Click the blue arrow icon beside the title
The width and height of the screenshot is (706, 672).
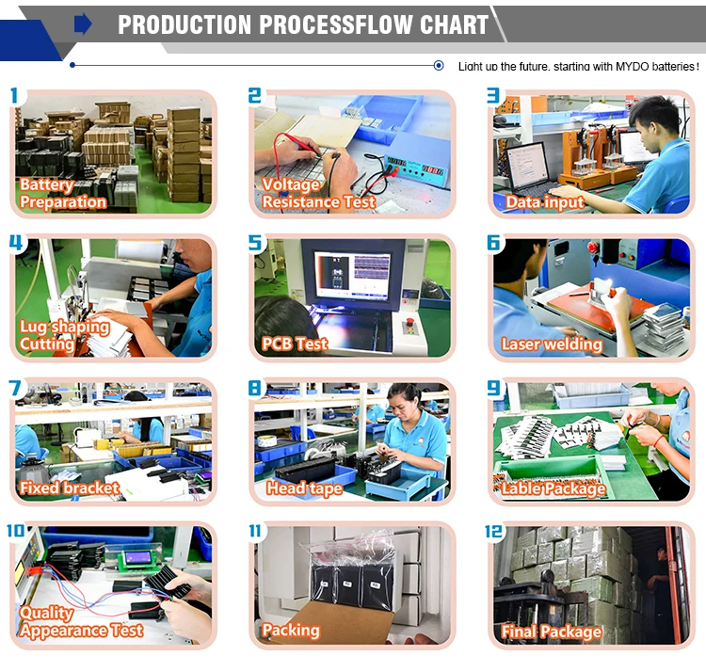(83, 24)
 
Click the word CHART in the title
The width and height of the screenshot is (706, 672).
(454, 24)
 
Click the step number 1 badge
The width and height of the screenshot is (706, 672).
(14, 95)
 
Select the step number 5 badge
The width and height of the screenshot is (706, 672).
(255, 243)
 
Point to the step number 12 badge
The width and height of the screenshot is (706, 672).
(493, 532)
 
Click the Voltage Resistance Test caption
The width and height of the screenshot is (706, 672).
(319, 193)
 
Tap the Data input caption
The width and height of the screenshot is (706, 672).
(545, 202)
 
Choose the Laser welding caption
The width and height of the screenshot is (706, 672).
(552, 344)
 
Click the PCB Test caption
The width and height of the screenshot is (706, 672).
(295, 344)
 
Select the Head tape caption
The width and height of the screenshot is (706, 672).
(304, 488)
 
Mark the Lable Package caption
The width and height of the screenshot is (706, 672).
(554, 488)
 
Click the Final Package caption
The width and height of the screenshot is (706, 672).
(552, 632)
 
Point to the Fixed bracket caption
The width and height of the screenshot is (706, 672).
(70, 488)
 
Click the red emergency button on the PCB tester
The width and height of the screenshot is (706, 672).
(409, 321)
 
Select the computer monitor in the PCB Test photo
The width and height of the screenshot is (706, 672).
(353, 275)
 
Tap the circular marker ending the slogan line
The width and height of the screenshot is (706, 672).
(438, 66)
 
